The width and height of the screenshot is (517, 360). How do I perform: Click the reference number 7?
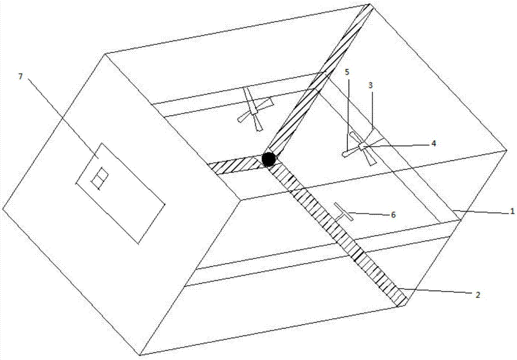(21, 77)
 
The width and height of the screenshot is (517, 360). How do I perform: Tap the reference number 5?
(347, 72)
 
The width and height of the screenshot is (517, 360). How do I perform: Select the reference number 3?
(371, 85)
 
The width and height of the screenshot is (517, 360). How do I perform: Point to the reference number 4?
(434, 143)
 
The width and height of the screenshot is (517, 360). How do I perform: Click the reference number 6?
(393, 215)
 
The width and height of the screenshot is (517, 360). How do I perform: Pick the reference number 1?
(512, 211)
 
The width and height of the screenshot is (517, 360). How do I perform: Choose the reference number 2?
(478, 295)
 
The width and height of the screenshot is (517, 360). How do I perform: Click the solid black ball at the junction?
(269, 159)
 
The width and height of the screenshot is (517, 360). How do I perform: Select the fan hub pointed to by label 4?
(363, 146)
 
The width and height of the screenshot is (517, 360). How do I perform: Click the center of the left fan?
(254, 111)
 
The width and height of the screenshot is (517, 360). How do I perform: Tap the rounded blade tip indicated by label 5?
(345, 154)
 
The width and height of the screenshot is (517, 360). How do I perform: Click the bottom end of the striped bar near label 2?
(403, 303)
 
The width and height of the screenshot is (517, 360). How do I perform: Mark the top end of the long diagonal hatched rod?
(370, 6)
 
